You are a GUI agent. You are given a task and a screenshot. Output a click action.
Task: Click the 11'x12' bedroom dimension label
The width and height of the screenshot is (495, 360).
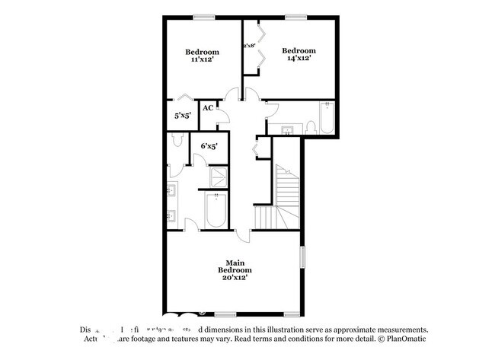(x=202, y=59)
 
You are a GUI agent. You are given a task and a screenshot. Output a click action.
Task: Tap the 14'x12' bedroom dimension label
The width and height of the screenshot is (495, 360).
(x=298, y=58)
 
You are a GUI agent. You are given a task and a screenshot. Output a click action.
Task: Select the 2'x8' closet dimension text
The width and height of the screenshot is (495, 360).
(x=248, y=46)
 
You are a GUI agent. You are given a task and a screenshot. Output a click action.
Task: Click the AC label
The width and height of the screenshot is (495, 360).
(x=207, y=108)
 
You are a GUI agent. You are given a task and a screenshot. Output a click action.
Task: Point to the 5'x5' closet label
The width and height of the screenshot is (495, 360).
(x=182, y=116)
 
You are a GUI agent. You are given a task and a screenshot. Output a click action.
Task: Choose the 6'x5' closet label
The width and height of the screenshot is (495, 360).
(x=209, y=145)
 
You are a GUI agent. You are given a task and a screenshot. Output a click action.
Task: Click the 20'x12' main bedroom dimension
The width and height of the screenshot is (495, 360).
(x=234, y=278)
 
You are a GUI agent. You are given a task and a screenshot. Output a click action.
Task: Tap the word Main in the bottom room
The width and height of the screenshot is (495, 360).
(x=234, y=263)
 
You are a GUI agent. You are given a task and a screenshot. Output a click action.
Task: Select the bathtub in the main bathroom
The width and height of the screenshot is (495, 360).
(x=216, y=211)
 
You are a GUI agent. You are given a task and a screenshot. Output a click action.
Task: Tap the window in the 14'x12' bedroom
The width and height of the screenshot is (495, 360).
(x=296, y=17)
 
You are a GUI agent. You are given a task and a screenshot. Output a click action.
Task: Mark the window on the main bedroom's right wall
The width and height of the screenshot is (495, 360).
(x=302, y=256)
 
